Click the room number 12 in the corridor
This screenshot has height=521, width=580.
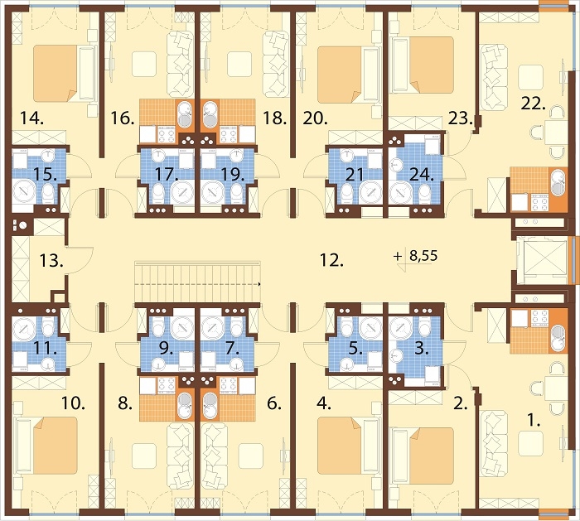(331, 261)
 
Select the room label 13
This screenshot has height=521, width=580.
(51, 261)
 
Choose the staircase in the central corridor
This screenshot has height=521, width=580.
(198, 283)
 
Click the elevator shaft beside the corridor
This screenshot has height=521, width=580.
(542, 261)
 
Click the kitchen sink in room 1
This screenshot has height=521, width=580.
(558, 339)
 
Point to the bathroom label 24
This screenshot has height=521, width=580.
(421, 174)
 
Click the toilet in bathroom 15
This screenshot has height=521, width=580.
(48, 193)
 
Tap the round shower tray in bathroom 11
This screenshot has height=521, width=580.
(24, 328)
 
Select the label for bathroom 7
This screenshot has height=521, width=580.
(232, 348)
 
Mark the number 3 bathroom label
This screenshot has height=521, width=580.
(421, 349)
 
